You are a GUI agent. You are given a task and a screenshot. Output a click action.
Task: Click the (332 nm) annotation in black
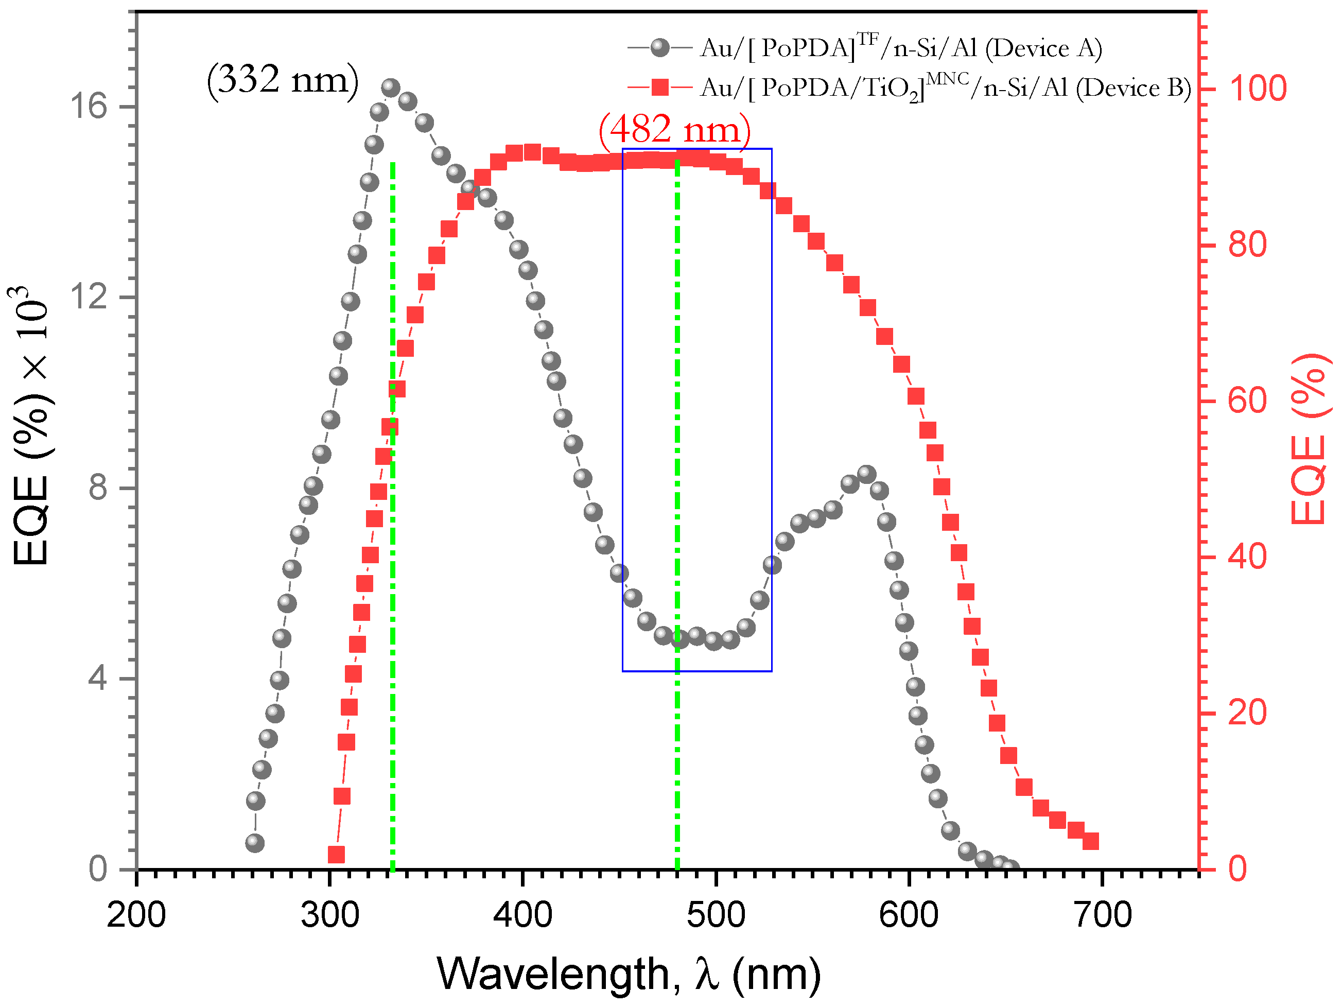point(283,79)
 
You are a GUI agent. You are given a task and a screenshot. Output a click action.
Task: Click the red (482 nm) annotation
point(675,129)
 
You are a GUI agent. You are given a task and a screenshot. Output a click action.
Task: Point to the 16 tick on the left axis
point(88,106)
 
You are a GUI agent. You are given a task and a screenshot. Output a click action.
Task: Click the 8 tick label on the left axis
point(97,487)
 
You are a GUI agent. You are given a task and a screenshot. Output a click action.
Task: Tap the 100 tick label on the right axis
point(1258,89)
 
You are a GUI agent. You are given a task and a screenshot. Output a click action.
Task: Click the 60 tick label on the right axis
point(1247,401)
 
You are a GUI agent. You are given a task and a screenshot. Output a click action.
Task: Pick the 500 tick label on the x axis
point(716,914)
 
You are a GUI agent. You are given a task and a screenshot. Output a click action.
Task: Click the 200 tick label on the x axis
point(136,914)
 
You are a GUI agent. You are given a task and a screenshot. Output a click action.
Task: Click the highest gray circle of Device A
point(391,88)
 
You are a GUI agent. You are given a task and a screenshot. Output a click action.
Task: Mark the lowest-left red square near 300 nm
point(336,855)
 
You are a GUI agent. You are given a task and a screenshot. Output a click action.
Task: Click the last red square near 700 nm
point(1091,841)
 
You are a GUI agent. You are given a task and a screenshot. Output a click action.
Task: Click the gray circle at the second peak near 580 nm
point(866,474)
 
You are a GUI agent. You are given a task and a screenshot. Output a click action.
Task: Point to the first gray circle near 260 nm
point(255,843)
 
